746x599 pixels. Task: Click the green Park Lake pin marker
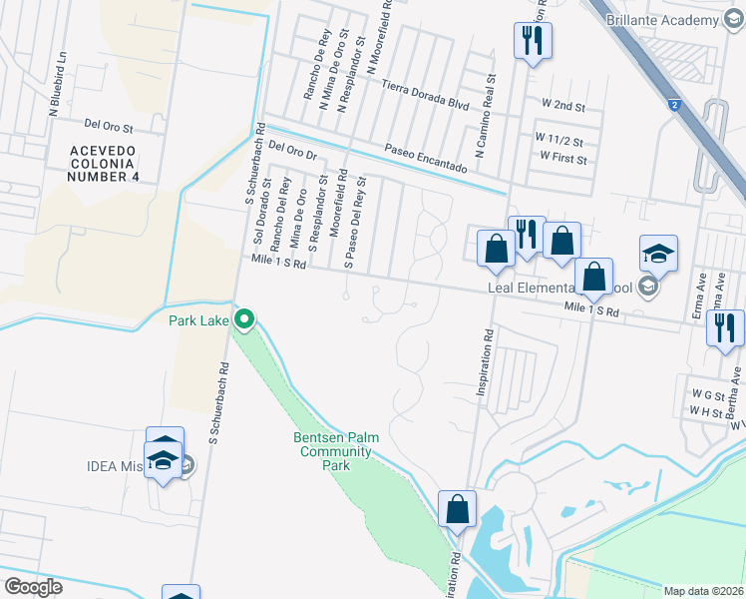(x=244, y=320)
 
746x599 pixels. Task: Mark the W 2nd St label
(x=563, y=104)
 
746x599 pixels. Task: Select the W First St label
(x=560, y=157)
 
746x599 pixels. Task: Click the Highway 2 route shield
(x=675, y=105)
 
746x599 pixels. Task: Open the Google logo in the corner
(x=32, y=587)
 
